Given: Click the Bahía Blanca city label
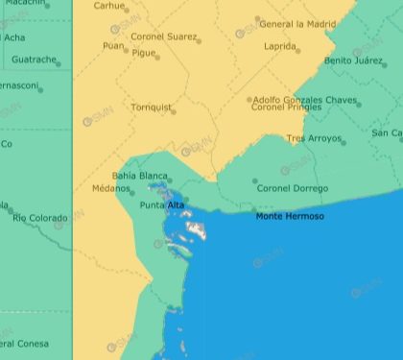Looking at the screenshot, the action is [x=139, y=176].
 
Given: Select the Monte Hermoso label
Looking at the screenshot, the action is [x=289, y=217].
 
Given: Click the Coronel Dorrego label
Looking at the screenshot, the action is [x=292, y=188].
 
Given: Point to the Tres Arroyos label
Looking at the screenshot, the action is [x=314, y=139].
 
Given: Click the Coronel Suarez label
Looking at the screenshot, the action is [x=163, y=36].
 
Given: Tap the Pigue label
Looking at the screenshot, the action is [x=144, y=54].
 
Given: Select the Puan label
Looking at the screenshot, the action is [x=113, y=45].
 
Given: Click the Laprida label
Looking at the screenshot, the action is [x=279, y=45].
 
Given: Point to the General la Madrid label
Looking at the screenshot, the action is [x=298, y=24].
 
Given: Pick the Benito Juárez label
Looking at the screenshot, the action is [x=353, y=60].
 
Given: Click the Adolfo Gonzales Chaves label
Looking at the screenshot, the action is [x=305, y=100].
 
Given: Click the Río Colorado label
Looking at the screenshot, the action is [x=39, y=218].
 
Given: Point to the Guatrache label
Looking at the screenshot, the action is [x=34, y=60].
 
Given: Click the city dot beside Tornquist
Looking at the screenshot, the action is [x=173, y=112].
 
